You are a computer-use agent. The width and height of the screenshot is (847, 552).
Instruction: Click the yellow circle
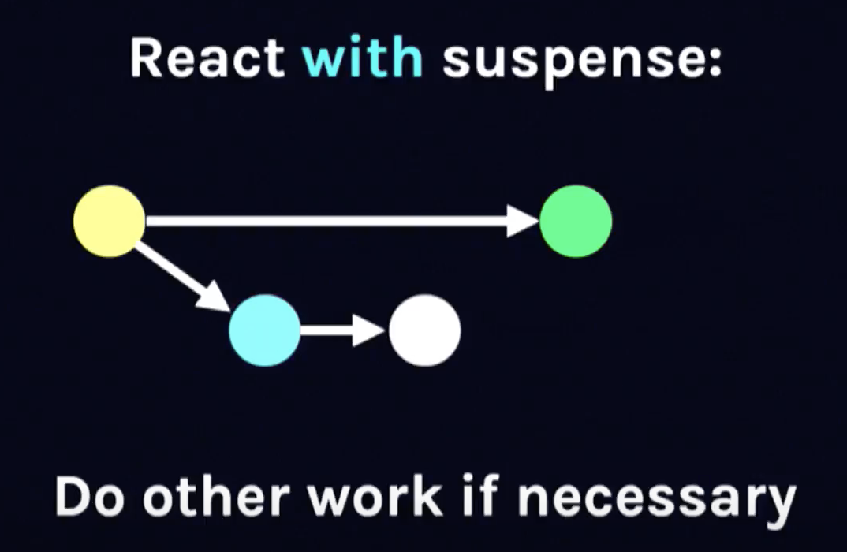coord(109,221)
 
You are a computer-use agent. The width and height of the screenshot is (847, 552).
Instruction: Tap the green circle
coord(576,221)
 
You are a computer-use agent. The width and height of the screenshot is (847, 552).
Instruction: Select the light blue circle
coord(265,330)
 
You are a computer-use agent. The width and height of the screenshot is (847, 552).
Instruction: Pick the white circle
coord(424,330)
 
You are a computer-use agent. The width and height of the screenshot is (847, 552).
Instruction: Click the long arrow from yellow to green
coord(331,221)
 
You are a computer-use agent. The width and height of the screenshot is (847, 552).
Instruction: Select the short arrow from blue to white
coord(339,330)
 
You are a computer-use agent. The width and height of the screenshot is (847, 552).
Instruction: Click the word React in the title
coord(207,59)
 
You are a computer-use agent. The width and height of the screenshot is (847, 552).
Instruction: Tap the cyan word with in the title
coord(364,59)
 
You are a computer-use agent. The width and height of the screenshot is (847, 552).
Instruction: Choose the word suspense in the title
coord(568,62)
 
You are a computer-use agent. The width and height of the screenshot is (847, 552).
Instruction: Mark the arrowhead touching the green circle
coord(523,221)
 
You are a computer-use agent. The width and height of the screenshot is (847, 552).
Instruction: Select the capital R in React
coord(146,59)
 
